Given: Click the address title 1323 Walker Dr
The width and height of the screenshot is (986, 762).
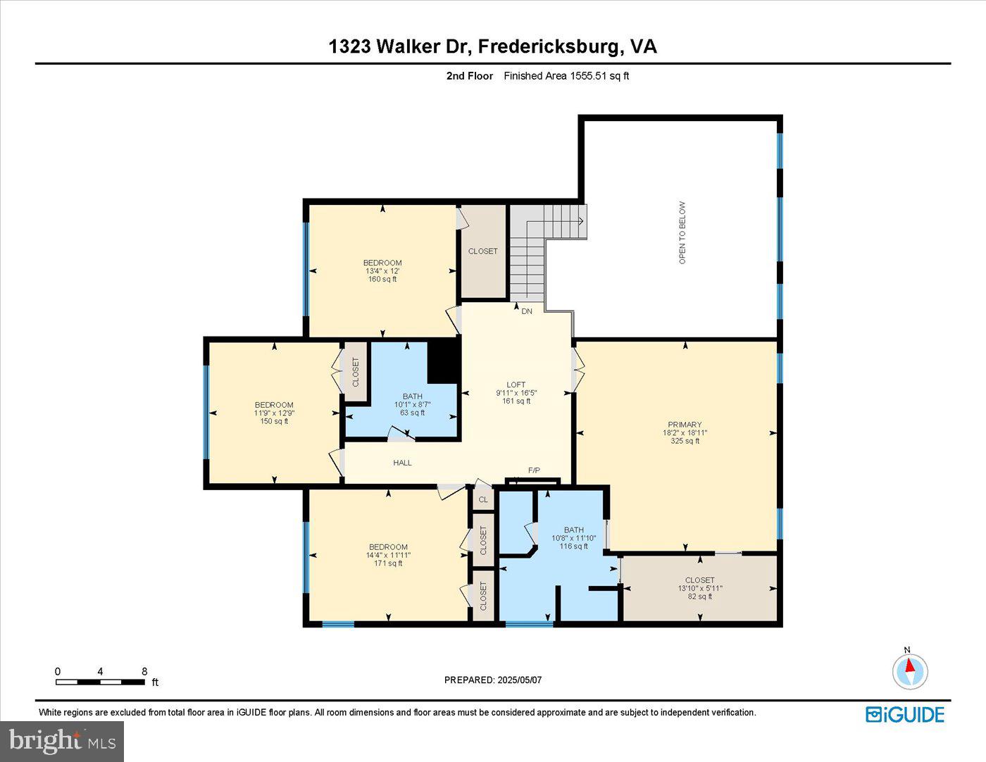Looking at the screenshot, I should point(492,46).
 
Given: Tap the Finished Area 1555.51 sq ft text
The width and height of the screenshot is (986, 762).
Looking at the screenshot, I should point(566,76).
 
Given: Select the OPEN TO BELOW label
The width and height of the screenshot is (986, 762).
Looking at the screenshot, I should point(682,233).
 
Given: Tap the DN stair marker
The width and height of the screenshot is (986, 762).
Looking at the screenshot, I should point(527,311).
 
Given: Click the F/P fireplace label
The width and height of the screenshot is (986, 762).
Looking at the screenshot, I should point(534,470).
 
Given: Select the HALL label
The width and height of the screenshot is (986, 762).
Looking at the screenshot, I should point(402,463).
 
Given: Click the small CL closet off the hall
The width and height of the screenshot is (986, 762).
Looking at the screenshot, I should point(483,499).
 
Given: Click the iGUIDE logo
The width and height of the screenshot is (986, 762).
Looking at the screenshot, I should point(904,714).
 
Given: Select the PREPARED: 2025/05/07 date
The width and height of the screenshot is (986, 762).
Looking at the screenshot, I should point(493,680).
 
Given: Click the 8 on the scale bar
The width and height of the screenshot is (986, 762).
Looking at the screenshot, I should point(144,672).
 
